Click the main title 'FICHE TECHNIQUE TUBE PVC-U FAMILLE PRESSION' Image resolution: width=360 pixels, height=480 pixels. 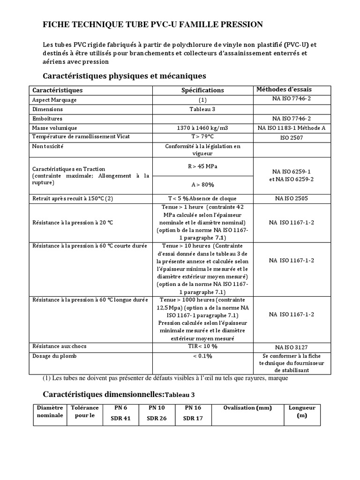coord(153,24)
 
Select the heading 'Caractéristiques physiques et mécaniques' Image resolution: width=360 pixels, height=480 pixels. coord(124,75)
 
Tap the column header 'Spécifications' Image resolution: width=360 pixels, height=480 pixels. coord(202,90)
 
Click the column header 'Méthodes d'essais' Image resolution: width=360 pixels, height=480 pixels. coord(284,90)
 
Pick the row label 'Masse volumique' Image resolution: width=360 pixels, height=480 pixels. coord(54,128)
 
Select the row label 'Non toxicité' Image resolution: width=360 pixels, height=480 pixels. coord(48,146)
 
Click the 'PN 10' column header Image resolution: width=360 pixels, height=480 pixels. coord(157,408)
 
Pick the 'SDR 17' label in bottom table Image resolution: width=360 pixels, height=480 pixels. coord(193,418)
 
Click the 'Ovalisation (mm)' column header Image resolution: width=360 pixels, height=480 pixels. coord(247,408)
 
